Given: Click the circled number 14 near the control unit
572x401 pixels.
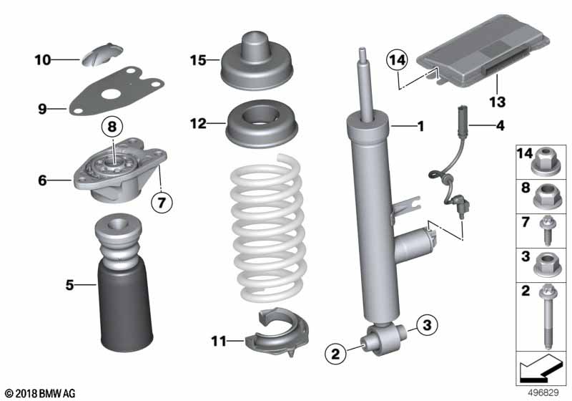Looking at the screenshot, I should click(398, 59).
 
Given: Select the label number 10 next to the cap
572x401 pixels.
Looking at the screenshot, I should click(44, 60).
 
